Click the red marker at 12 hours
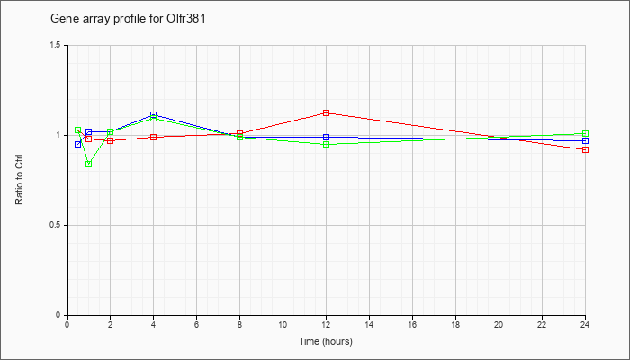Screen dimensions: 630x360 point(326,112)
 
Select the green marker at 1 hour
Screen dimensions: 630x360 point(89,164)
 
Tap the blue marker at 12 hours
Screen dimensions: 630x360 point(326,138)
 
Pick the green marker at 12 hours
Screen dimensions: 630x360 point(326,144)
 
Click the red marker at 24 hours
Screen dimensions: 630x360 point(585,150)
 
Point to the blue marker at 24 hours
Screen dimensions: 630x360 point(585,141)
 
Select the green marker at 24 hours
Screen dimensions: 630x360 point(585,134)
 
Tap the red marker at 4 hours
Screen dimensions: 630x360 point(154,138)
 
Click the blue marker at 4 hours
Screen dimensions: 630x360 point(154,115)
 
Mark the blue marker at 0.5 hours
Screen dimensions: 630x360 point(78,144)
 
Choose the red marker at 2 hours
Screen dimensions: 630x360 point(111,140)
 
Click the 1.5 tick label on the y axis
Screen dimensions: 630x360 point(56,45)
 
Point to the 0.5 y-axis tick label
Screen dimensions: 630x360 point(56,225)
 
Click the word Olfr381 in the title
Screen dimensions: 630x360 point(186,19)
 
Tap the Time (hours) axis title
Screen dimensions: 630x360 point(326,341)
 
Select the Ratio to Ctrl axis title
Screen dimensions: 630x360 point(19,180)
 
